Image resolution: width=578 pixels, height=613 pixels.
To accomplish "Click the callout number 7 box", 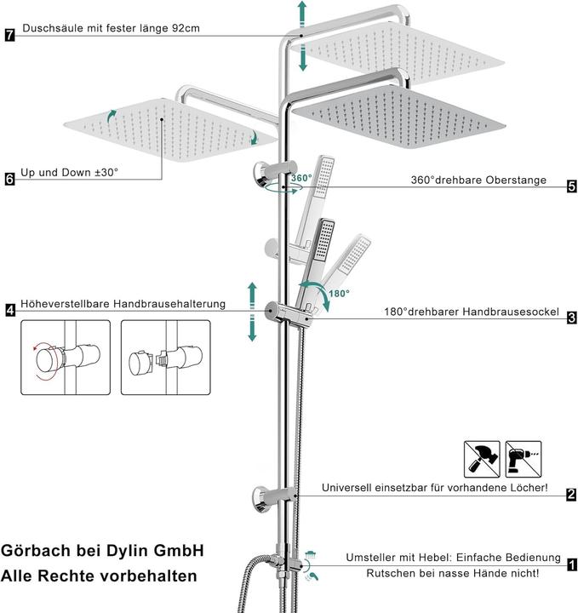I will pyautogui.click(x=9, y=36).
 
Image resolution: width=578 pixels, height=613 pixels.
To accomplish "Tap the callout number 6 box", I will pyautogui.click(x=9, y=179).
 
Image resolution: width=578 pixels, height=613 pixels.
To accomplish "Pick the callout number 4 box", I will pyautogui.click(x=9, y=311).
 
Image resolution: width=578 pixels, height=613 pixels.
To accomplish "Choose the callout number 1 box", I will pyautogui.click(x=571, y=564).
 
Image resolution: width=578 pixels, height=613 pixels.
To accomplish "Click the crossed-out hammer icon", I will pyautogui.click(x=482, y=459).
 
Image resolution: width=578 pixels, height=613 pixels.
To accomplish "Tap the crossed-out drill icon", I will pyautogui.click(x=523, y=459).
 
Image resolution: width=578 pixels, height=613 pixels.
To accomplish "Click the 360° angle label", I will pyautogui.click(x=300, y=179).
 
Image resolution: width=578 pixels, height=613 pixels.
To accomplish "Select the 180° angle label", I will pyautogui.click(x=339, y=294).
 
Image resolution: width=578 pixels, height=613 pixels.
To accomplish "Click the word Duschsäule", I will pyautogui.click(x=51, y=29).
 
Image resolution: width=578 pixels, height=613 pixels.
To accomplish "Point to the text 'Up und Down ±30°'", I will pyautogui.click(x=71, y=172).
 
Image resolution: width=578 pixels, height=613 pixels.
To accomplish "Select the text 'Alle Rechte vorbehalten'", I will pyautogui.click(x=99, y=576).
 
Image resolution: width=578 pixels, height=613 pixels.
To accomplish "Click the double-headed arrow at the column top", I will pyautogui.click(x=301, y=36).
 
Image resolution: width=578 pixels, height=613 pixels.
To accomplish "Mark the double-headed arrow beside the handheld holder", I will pyautogui.click(x=251, y=312).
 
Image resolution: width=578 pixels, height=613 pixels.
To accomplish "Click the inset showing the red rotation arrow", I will pyautogui.click(x=66, y=358).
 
